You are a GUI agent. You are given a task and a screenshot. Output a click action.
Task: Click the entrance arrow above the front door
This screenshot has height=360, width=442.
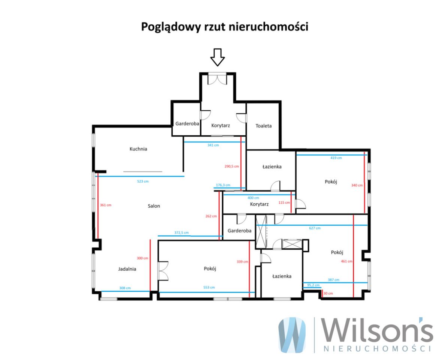[217, 57]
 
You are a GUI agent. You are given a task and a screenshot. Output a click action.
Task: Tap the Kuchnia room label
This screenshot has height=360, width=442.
[138, 149]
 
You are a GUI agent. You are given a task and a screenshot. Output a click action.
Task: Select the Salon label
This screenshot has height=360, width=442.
[154, 206]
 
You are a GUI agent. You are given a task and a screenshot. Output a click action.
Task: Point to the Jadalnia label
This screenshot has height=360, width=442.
[127, 269]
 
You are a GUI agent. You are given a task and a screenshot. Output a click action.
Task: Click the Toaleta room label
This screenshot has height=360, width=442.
[264, 126]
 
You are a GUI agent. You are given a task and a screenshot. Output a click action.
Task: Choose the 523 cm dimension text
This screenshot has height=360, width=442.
[143, 181]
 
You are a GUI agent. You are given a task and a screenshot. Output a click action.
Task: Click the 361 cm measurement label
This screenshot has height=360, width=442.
[106, 205]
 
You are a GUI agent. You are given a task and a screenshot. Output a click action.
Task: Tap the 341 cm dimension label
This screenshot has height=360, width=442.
[213, 145]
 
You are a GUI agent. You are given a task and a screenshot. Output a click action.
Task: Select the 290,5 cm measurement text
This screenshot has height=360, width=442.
[232, 166]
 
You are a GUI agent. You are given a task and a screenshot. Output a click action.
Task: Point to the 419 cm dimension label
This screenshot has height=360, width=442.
[336, 158]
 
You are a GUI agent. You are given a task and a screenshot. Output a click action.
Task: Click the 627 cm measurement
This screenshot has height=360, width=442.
[315, 228]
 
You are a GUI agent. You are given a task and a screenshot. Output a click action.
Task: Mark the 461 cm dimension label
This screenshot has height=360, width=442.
[347, 261]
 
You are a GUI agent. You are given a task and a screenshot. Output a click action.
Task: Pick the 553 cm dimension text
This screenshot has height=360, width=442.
[209, 288]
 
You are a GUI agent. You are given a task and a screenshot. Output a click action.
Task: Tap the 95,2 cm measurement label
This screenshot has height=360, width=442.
[314, 285]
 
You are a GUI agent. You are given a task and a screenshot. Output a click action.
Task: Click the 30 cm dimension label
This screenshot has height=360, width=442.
[328, 293]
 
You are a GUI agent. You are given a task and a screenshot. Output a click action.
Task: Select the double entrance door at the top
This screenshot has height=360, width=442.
[217, 78]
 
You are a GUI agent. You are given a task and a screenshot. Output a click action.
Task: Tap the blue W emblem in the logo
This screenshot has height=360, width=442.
[292, 335]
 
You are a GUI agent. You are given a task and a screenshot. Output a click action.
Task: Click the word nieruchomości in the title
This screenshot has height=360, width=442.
[268, 27]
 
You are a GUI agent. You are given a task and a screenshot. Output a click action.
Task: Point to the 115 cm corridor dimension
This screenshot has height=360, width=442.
[284, 203]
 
